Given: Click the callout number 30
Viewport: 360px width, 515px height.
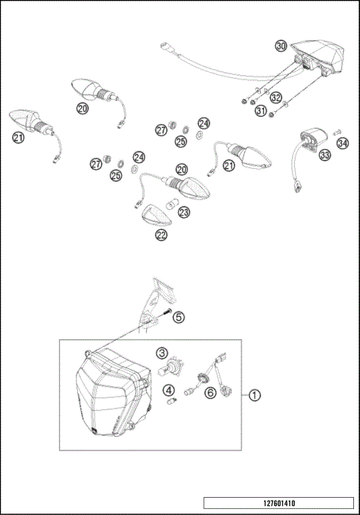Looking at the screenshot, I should [x=280, y=46].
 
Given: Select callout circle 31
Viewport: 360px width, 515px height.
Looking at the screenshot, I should [x=261, y=111].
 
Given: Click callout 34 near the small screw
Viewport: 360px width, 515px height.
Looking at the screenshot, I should [x=343, y=142].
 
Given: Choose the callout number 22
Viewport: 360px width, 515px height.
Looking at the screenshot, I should [x=162, y=235].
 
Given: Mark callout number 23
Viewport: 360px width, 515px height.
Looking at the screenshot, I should [x=184, y=212].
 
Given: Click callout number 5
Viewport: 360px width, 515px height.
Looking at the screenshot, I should [x=178, y=317].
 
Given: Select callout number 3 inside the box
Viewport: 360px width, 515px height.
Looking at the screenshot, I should [x=162, y=352].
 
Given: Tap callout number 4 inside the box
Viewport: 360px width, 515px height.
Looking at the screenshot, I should [x=169, y=390].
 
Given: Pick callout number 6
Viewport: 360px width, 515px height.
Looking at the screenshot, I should [x=211, y=391].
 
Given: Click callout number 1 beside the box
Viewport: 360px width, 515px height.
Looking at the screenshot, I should [x=256, y=395].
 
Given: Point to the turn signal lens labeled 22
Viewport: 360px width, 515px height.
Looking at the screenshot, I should [x=157, y=215].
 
